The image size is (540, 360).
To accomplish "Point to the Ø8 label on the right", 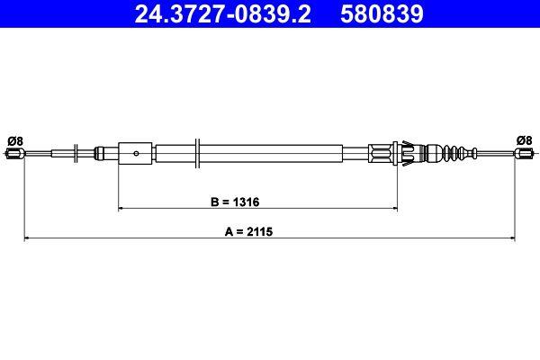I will (524, 139).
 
